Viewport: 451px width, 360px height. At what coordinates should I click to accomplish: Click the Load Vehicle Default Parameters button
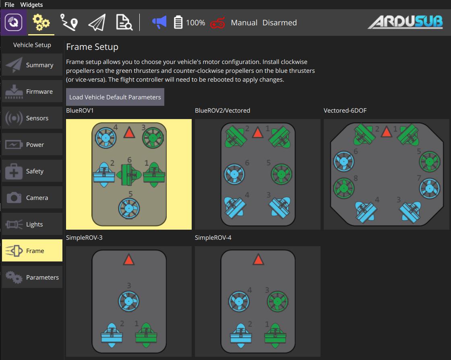click(115, 97)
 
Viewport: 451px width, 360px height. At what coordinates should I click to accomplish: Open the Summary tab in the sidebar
click(32, 65)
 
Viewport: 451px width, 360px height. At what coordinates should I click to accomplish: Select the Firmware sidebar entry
click(32, 91)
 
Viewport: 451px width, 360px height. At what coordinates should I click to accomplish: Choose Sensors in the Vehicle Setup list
click(32, 118)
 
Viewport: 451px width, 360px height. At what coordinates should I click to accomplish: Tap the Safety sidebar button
click(32, 171)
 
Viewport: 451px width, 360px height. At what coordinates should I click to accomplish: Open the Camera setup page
click(32, 197)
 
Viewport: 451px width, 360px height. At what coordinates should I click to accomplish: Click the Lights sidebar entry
click(32, 224)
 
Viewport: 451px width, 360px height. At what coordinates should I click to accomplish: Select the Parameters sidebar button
click(32, 277)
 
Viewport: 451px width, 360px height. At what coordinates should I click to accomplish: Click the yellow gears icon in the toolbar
click(41, 23)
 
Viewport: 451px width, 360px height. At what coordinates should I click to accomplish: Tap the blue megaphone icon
click(159, 22)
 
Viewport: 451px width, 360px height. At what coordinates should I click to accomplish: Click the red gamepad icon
click(217, 23)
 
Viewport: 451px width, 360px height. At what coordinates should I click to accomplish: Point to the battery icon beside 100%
click(178, 22)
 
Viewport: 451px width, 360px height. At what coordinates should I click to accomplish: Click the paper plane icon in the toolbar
click(97, 23)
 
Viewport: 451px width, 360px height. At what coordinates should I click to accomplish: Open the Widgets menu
click(31, 4)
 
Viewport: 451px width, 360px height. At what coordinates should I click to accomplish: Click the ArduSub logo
click(405, 22)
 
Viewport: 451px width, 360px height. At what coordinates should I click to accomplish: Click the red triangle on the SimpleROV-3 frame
click(128, 259)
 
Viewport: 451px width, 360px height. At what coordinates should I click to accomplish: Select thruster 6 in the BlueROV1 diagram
click(128, 175)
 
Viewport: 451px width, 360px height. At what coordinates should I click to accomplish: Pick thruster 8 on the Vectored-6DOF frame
click(344, 188)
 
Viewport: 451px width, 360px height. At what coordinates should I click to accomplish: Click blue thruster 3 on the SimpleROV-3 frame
click(129, 301)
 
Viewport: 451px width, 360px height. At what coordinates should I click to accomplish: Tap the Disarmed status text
click(279, 23)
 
